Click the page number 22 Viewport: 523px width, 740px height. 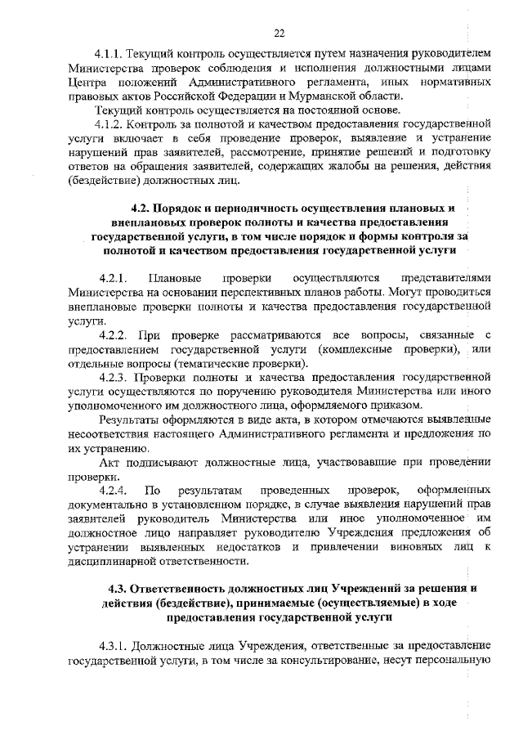(x=279, y=33)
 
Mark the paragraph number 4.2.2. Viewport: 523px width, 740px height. (x=112, y=335)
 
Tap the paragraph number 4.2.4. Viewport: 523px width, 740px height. (x=112, y=490)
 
